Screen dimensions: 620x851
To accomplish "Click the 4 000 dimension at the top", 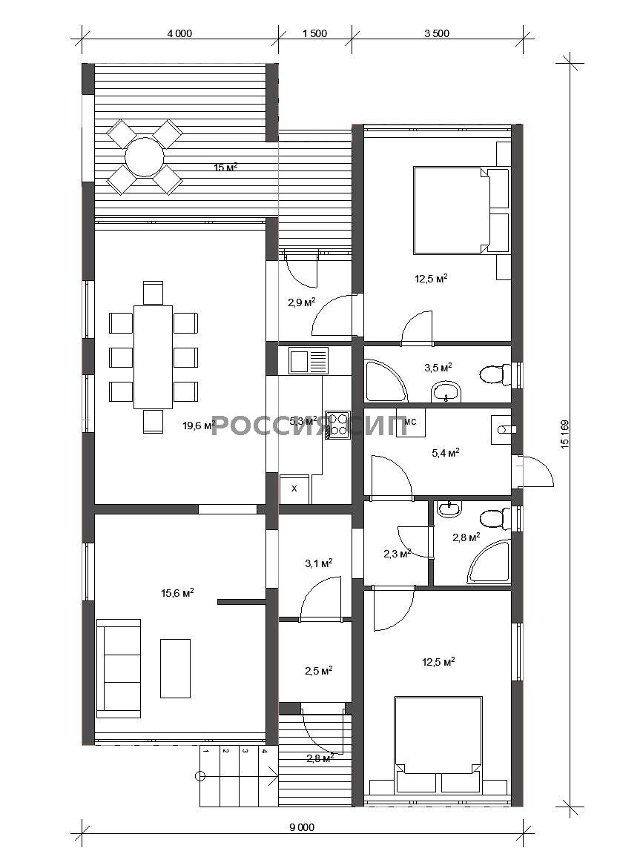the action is (179, 33).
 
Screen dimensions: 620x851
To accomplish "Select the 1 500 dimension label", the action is (314, 33).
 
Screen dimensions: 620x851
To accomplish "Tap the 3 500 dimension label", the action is (437, 33).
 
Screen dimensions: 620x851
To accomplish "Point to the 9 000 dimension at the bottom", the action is (302, 828).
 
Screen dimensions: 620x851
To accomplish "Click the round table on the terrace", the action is (145, 157).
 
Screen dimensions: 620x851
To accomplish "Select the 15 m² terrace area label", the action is (226, 168).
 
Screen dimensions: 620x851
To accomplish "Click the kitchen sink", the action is (309, 361).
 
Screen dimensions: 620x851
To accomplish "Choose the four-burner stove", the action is (338, 425).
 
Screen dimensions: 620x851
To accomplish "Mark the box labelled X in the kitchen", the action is (294, 489).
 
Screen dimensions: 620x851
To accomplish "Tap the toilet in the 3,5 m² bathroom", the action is (495, 374).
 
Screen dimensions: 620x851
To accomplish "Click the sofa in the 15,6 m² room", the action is (119, 669).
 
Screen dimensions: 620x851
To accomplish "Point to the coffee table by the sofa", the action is (175, 668).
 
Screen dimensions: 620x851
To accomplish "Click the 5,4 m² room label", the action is (446, 452).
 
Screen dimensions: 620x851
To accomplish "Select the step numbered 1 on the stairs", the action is (205, 752).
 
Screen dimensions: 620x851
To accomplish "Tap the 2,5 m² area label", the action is (319, 670).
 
